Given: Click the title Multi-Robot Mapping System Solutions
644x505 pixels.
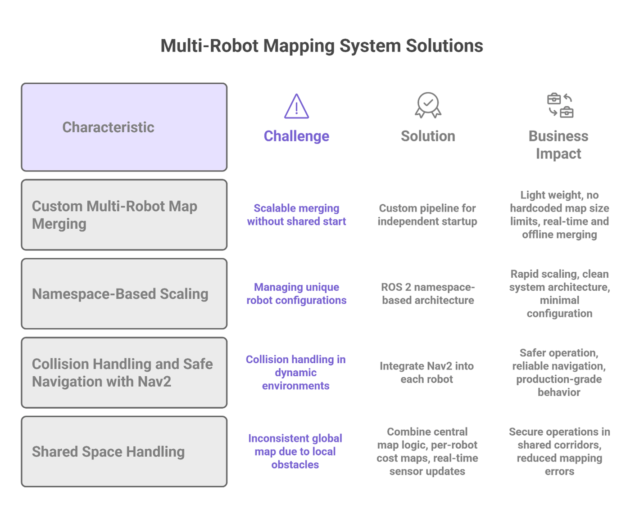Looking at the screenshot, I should (x=322, y=46).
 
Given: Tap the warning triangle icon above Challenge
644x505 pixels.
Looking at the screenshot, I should (x=296, y=107).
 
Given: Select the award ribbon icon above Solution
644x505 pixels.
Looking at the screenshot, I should (x=428, y=105).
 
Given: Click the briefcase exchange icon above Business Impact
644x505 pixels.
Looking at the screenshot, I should (x=560, y=105).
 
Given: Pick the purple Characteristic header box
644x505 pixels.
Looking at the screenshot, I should (x=124, y=127).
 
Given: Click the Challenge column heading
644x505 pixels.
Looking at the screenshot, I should (x=296, y=136).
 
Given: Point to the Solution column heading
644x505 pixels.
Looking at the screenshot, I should (x=428, y=136).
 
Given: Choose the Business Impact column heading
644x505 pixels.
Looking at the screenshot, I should (x=558, y=144).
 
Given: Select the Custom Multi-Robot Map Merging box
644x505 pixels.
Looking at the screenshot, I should (x=124, y=215).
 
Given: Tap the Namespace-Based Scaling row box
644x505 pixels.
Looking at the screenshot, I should (x=124, y=293).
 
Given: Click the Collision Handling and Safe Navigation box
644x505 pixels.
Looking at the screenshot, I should (x=124, y=373).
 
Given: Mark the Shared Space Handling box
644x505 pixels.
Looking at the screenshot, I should (x=124, y=451).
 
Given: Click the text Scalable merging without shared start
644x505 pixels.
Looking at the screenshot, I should (x=296, y=215).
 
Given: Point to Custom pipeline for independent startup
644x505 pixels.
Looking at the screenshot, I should (x=427, y=215).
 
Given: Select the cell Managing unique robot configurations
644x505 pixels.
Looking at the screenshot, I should (x=296, y=293).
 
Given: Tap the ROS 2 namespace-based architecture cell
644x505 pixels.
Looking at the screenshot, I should (x=428, y=293).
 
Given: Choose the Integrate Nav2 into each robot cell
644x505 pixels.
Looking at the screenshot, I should (x=426, y=373).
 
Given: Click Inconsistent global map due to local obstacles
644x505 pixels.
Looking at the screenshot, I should (x=295, y=451).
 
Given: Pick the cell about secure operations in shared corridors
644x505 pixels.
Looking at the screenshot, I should (x=559, y=451).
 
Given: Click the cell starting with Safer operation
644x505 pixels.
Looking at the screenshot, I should (x=559, y=373).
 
